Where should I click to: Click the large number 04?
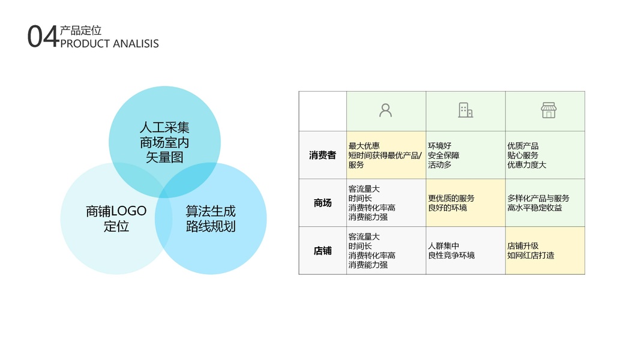pos(43,37)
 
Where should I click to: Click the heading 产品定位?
pos(81,31)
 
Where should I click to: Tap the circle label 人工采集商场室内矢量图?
pos(164,143)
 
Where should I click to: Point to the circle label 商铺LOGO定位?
pos(116,219)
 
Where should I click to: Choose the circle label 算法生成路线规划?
pos(211,219)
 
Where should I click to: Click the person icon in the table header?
pos(385,110)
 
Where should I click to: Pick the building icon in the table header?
pos(465,110)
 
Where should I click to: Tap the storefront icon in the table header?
pos(548,110)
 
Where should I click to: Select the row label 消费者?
pos(322,155)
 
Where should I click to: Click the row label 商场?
pos(322,203)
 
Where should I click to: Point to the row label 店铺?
pos(322,251)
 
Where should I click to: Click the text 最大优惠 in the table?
pos(364,146)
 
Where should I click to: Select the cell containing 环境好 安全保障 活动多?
pos(465,155)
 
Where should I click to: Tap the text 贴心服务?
pos(523,155)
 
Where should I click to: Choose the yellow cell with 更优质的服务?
pos(465,203)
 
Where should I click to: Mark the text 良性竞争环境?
pos(451,256)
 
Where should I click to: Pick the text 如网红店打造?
pos(531,256)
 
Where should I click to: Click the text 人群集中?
pos(444,246)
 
